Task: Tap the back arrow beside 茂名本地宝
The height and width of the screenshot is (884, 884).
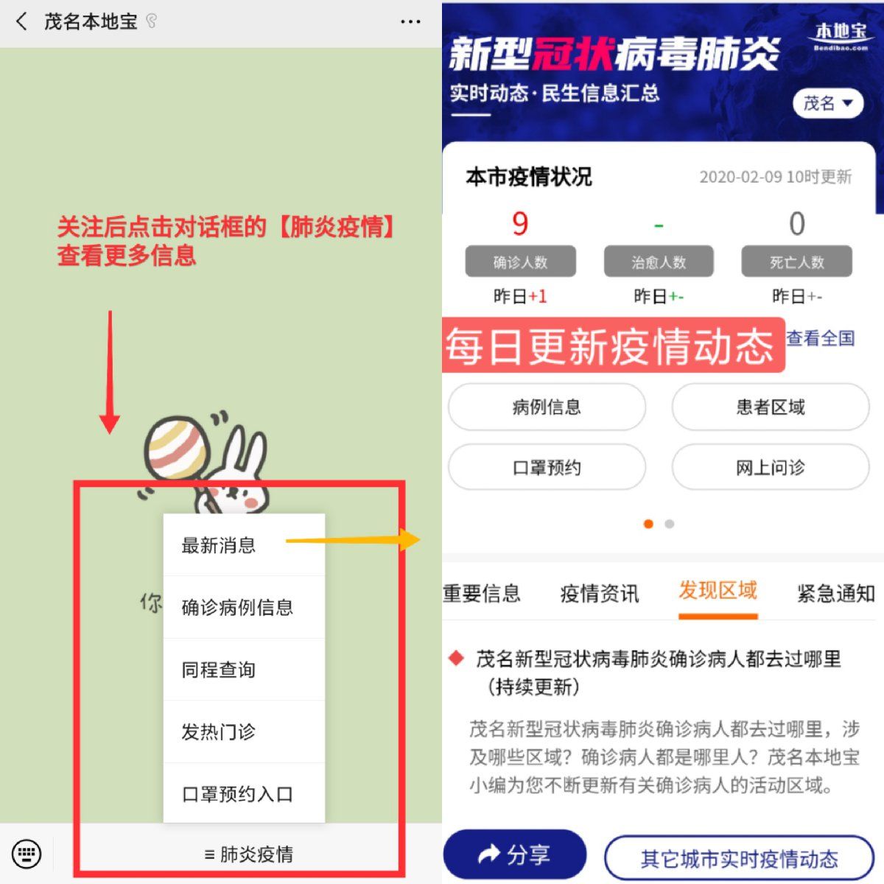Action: coord(21,21)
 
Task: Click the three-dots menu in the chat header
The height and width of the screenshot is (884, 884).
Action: coord(410,21)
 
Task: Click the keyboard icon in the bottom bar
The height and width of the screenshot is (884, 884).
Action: coord(26,854)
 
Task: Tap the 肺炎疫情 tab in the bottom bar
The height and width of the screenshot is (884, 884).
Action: coord(248,855)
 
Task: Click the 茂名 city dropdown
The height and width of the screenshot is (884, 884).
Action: coord(828,103)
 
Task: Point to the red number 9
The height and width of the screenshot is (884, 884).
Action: coord(520,224)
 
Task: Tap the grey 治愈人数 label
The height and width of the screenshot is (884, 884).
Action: coord(659,262)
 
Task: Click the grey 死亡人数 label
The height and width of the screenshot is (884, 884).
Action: coord(797,262)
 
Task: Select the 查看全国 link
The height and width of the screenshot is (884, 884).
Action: coord(820,338)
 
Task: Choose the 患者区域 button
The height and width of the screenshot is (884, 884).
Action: coord(771,407)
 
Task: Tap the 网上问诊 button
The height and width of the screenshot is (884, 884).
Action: coord(771,468)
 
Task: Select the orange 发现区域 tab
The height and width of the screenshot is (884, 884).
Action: coord(718,590)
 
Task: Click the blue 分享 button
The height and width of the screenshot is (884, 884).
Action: coord(515,855)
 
